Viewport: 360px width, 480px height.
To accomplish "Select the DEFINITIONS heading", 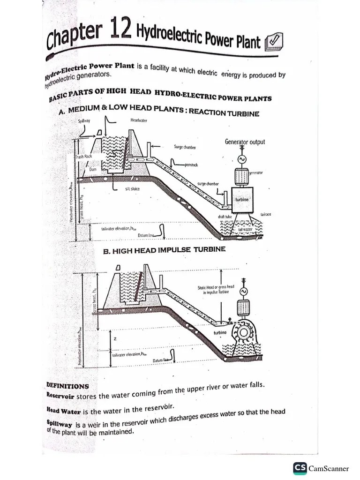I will pos(67,386).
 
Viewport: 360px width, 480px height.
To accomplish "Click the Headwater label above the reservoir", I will pos(138,120).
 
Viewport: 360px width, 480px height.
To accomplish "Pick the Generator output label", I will pos(245,142).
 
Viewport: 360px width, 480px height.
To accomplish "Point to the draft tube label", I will pos(225,217).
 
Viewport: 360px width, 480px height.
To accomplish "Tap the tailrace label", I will pos(266,214).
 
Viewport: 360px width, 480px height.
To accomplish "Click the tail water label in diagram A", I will pos(245,229).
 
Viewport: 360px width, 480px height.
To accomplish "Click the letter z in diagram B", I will pos(115,338).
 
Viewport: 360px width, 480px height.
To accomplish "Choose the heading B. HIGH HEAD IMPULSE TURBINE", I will pos(164,250).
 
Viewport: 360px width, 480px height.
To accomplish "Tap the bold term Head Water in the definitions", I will pos(64,411).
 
